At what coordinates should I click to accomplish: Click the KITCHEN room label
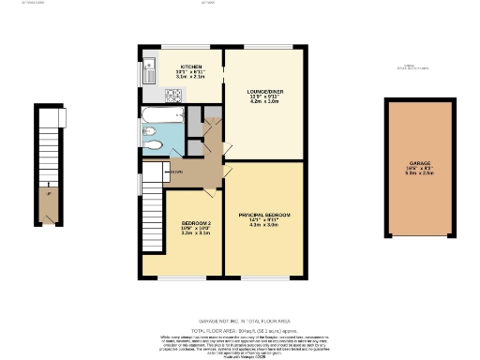click(x=191, y=67)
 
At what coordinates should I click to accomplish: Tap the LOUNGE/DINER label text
click(x=263, y=91)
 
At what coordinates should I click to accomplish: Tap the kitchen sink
click(x=150, y=69)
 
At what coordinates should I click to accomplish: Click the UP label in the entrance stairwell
click(x=48, y=193)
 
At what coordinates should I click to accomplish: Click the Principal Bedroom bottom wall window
click(x=265, y=279)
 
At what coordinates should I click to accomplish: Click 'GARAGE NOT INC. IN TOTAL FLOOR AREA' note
click(x=240, y=320)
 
